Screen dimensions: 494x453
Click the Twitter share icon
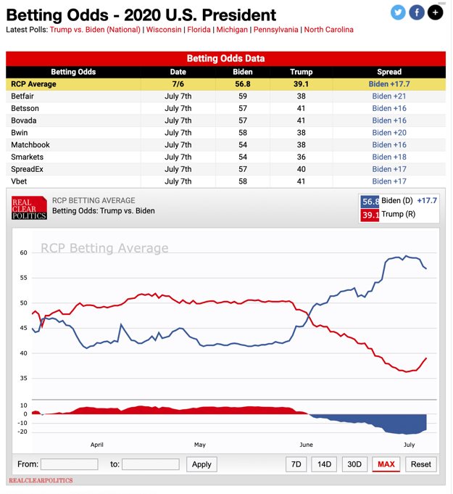click(x=398, y=12)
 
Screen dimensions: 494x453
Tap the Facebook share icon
click(x=417, y=12)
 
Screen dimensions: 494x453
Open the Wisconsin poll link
click(x=164, y=30)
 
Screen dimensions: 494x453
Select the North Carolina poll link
click(x=328, y=30)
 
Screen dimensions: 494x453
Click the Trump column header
click(x=301, y=72)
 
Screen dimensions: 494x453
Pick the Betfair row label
click(x=22, y=96)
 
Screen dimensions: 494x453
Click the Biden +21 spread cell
click(x=389, y=96)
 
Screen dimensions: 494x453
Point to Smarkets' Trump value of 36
click(x=301, y=157)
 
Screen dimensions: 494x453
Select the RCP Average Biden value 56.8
click(x=242, y=84)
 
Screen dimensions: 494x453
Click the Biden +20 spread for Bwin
click(x=389, y=133)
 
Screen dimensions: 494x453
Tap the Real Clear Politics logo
click(x=29, y=207)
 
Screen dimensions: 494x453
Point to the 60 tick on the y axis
click(x=24, y=253)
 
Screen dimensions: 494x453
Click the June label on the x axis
click(x=306, y=445)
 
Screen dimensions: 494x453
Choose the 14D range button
click(x=324, y=464)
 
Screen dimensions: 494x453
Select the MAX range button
click(x=386, y=464)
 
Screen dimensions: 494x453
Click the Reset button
click(x=420, y=464)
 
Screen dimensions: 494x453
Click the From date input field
click(x=69, y=464)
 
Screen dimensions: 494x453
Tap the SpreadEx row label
click(x=27, y=170)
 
